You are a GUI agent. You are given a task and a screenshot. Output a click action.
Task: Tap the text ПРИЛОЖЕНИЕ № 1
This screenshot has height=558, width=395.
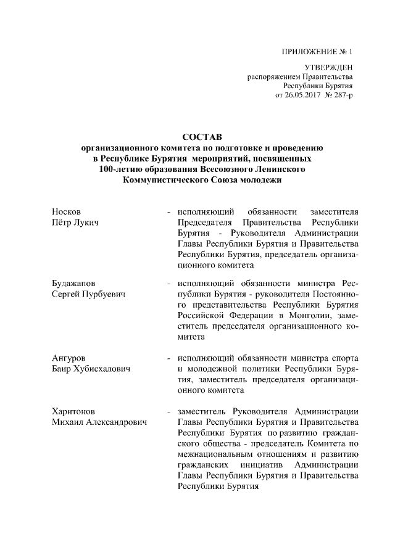(319, 51)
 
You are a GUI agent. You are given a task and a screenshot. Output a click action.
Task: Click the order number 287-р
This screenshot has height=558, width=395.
(344, 96)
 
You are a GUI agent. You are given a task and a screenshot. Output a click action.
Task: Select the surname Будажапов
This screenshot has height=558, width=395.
(74, 284)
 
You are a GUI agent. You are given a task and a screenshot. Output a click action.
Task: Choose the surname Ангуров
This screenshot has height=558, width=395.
(70, 358)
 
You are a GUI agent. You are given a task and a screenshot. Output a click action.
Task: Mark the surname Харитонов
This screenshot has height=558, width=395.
(74, 411)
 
